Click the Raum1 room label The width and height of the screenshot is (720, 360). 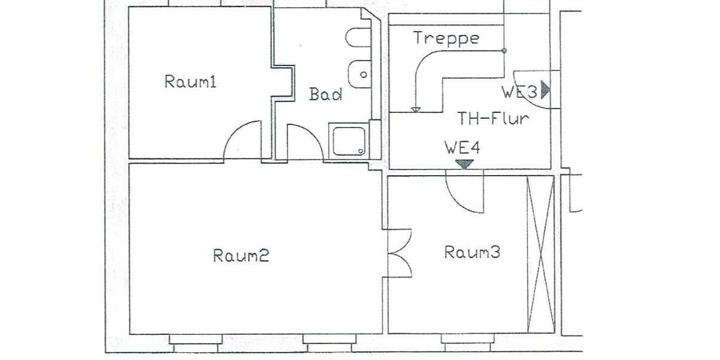(190, 82)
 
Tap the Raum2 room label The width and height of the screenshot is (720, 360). (241, 256)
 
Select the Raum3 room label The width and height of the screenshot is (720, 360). (472, 252)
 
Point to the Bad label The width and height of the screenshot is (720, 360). (326, 94)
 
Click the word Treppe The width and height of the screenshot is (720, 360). (446, 38)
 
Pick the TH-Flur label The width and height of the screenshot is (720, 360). (493, 118)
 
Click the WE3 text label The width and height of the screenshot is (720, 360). (520, 92)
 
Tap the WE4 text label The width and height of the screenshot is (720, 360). (462, 147)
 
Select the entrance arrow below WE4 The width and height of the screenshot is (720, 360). (464, 164)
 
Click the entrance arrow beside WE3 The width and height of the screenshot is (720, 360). (545, 90)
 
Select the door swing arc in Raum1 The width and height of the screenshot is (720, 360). (243, 142)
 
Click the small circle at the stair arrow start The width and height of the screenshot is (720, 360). (504, 51)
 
